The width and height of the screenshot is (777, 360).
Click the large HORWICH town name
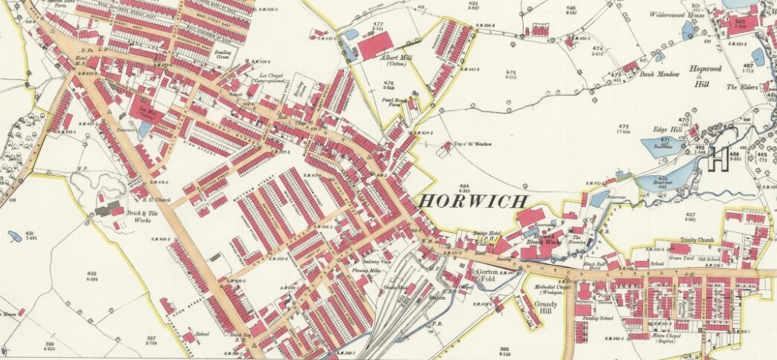[x=473, y=202]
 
